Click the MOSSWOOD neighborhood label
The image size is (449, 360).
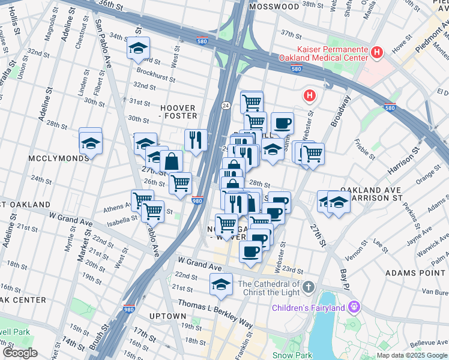tap(274, 7)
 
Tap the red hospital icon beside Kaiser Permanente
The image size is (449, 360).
tap(377, 53)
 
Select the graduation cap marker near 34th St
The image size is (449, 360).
tap(139, 49)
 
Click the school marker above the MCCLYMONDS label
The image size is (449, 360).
tap(91, 142)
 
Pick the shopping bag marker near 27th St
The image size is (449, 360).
tap(172, 161)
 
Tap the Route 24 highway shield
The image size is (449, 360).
tap(224, 105)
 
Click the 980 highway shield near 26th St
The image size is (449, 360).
tap(197, 200)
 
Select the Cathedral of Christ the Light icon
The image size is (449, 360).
tap(308, 285)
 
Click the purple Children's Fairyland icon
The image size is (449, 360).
tap(355, 308)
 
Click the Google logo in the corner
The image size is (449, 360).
tap(19, 353)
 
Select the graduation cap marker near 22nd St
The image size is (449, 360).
tap(221, 284)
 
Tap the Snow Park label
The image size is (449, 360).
tap(292, 355)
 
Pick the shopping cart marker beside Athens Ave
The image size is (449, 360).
tap(142, 199)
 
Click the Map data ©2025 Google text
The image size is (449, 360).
tap(412, 355)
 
